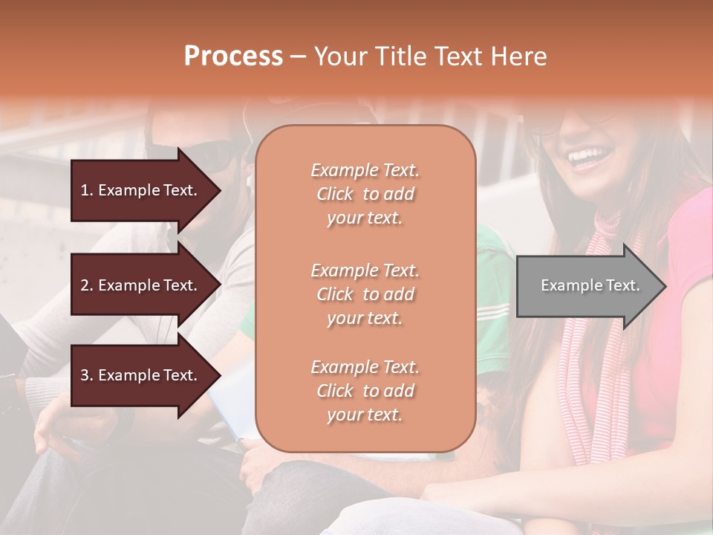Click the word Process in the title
click(233, 56)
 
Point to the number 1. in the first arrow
click(87, 190)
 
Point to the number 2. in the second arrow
click(87, 285)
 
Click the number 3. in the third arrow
click(87, 375)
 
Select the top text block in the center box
click(365, 194)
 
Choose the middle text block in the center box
click(365, 294)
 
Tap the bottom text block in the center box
click(365, 391)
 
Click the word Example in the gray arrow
click(566, 285)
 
